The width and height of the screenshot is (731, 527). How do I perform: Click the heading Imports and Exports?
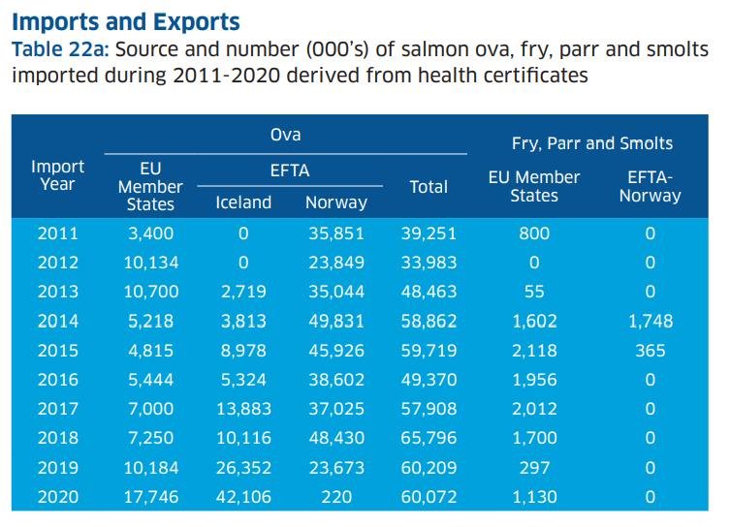click(x=125, y=20)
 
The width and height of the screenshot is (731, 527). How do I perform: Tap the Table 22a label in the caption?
click(x=53, y=48)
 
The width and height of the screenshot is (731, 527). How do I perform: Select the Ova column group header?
click(x=285, y=136)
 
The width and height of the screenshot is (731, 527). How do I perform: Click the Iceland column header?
click(x=243, y=202)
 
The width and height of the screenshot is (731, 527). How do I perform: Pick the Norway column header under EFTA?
click(x=335, y=202)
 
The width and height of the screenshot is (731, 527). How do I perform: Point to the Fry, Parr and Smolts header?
click(x=591, y=143)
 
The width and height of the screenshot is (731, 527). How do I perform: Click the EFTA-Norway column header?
click(x=650, y=186)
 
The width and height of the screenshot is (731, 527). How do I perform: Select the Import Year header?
click(x=58, y=175)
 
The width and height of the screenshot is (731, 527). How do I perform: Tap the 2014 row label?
click(x=58, y=322)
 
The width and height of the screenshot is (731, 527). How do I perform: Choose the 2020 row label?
click(x=58, y=498)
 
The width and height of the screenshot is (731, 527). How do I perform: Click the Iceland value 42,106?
click(x=243, y=498)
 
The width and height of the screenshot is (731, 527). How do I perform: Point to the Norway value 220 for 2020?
click(x=335, y=498)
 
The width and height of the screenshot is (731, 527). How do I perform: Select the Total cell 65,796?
click(x=429, y=439)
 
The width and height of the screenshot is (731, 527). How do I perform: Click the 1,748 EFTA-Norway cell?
click(x=650, y=322)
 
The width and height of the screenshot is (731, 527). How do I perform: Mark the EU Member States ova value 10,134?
click(x=150, y=263)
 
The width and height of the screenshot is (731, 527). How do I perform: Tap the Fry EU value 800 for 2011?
click(x=533, y=233)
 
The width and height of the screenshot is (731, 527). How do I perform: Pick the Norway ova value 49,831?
click(x=335, y=322)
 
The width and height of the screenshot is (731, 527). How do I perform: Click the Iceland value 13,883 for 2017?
click(x=243, y=410)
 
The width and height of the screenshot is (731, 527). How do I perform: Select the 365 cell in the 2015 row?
click(x=650, y=351)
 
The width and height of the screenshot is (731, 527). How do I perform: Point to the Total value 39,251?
click(x=429, y=233)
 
